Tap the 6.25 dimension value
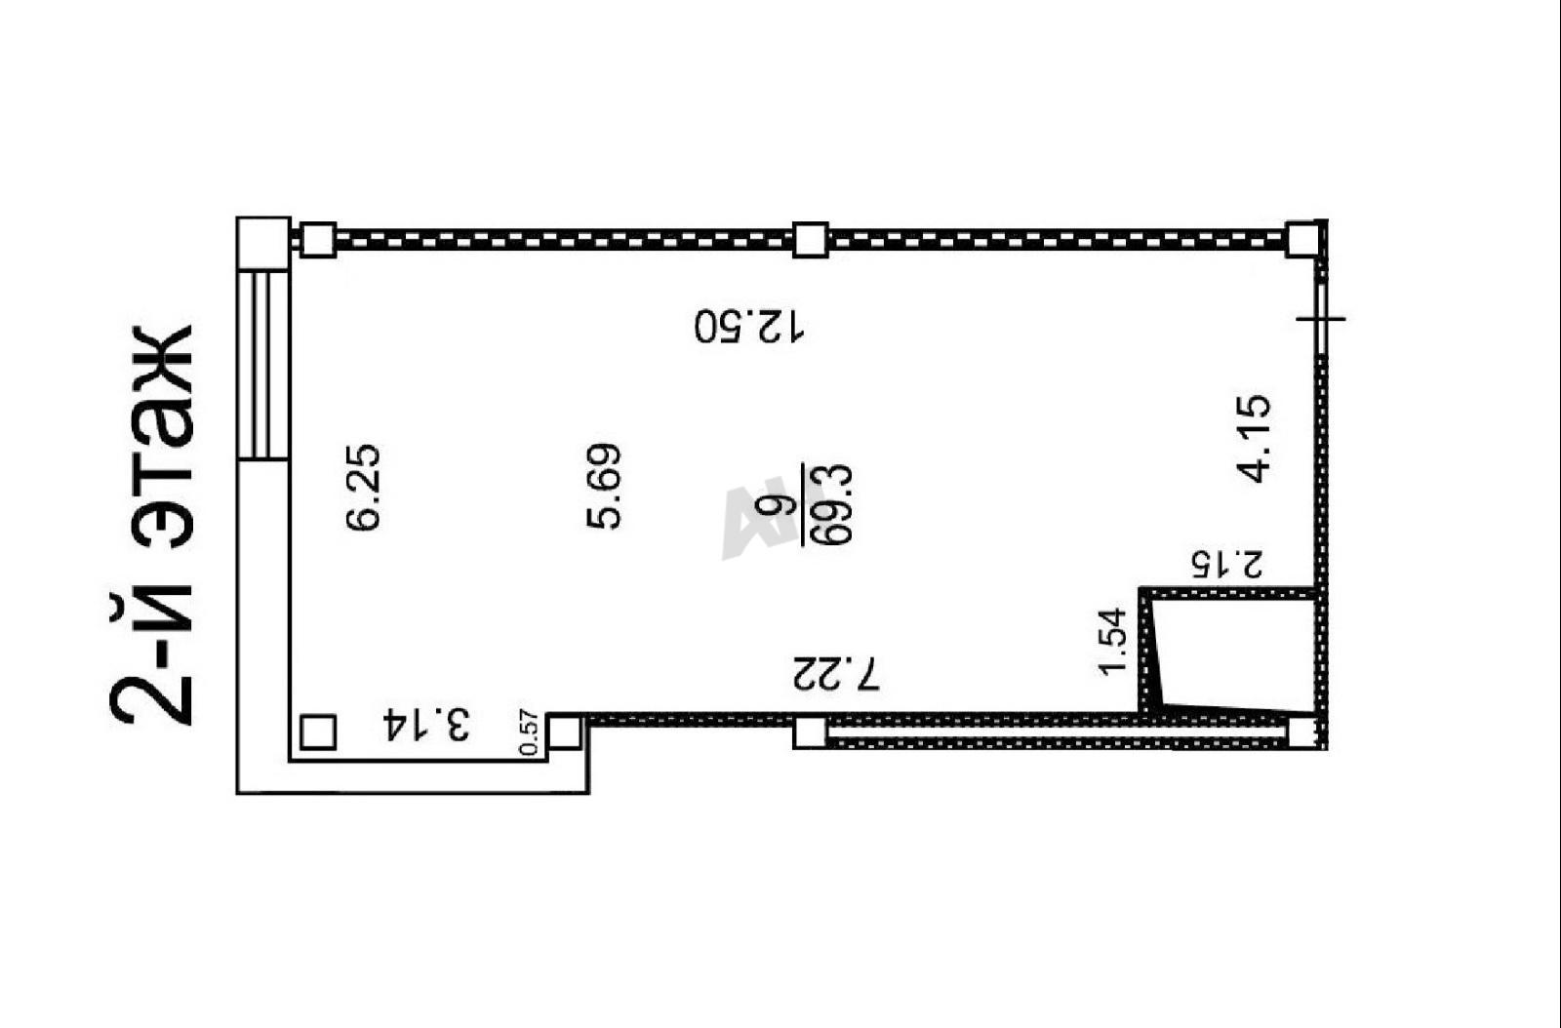coord(364,487)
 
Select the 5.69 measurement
coord(603,486)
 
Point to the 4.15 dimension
coord(1254,438)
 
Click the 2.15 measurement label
coord(1227,564)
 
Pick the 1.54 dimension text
coord(1112,642)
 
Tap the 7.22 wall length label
coord(836,672)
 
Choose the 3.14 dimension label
coord(426,725)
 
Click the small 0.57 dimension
coord(531,732)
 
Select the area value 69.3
coord(834,504)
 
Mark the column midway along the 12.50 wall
coord(811,240)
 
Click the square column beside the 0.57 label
coord(564,732)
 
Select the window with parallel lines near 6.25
coord(263,365)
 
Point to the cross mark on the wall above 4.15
coord(1321,319)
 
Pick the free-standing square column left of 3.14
coord(318,732)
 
